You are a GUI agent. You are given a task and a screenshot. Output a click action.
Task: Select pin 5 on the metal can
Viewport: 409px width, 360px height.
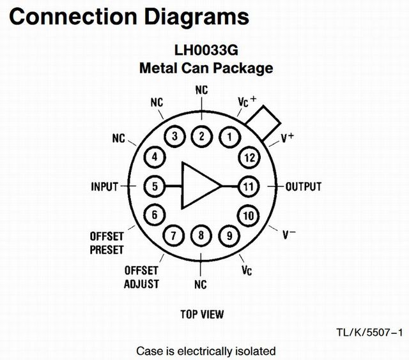155,186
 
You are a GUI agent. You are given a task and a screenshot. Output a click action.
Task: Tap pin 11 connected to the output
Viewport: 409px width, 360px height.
248,186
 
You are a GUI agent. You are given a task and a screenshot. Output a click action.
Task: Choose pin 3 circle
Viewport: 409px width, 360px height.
173,136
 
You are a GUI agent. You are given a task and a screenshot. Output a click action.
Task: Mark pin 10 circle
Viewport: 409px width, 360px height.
247,215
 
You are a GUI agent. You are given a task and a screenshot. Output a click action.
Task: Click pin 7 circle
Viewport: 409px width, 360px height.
173,236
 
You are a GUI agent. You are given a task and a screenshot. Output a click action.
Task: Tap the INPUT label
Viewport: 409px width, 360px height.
105,187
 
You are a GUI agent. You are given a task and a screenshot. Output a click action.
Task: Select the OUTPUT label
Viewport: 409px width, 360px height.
303,187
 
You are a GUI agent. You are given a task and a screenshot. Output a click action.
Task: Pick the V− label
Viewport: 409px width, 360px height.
289,234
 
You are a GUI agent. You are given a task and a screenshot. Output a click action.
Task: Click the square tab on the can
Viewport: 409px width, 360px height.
264,118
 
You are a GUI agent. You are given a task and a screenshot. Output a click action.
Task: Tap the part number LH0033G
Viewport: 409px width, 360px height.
206,49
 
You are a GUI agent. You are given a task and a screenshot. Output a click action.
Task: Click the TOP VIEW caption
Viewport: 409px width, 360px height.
202,314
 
